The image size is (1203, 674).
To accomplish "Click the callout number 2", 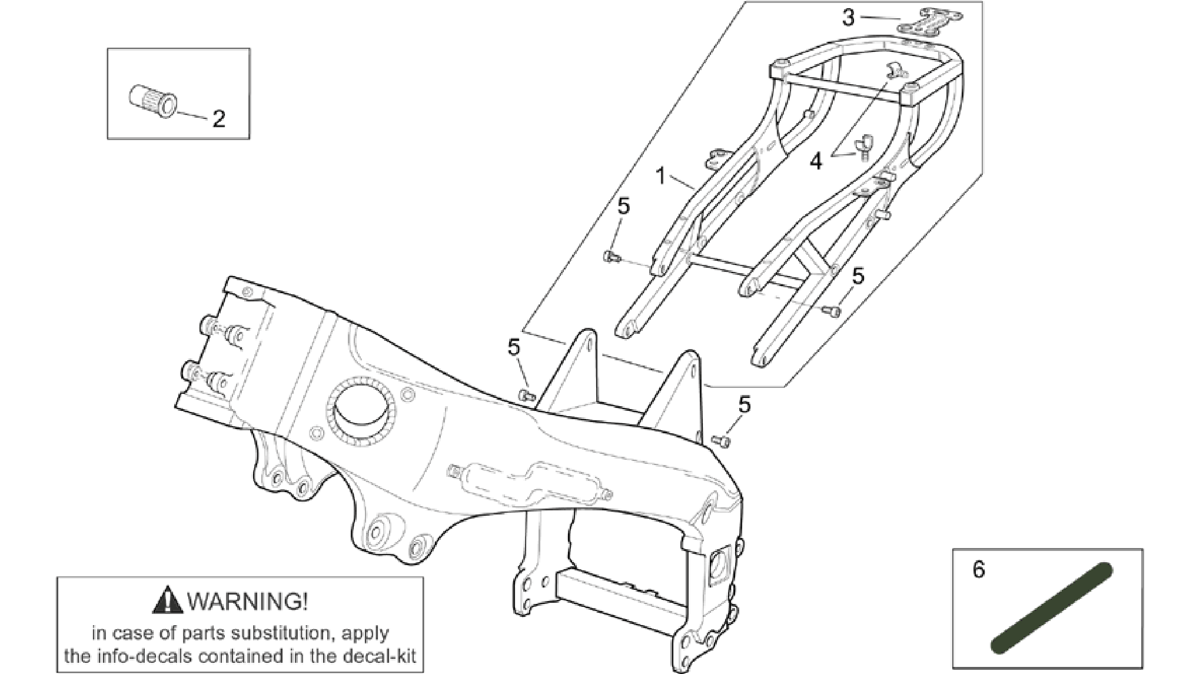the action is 218,119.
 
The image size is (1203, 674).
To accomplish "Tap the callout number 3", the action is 848,18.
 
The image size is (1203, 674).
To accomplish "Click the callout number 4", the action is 815,161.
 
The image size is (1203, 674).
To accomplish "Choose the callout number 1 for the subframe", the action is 660,175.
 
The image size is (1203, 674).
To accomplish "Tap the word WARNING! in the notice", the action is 247,601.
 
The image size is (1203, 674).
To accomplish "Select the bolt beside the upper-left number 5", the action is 612,255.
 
